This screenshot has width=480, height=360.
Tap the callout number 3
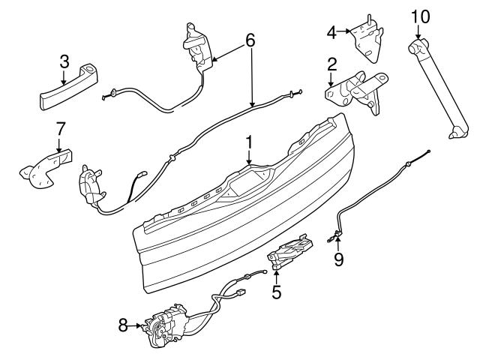point(64,60)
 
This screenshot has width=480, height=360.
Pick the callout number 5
point(277,291)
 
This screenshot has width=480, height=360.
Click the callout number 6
point(250,39)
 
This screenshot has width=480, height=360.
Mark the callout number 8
point(124,325)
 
